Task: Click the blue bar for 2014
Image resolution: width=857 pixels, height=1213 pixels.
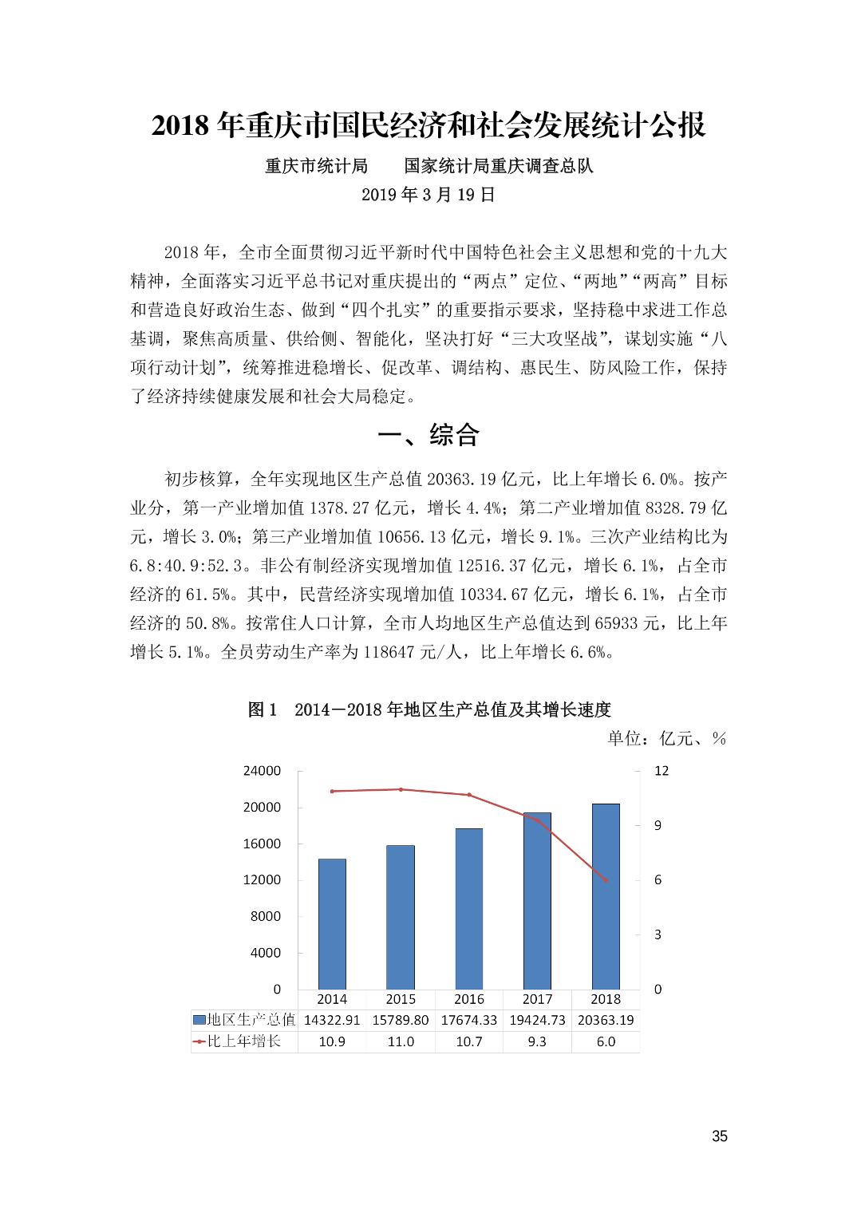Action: [332, 923]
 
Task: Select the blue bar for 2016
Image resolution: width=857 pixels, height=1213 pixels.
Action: [468, 908]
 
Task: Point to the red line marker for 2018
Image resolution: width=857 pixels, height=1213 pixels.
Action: [606, 880]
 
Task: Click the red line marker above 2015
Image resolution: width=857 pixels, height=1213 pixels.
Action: [401, 789]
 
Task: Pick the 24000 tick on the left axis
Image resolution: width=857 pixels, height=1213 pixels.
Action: [262, 771]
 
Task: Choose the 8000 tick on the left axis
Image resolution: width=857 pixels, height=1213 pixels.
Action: [266, 916]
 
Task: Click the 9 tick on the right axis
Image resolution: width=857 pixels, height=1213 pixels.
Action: [658, 825]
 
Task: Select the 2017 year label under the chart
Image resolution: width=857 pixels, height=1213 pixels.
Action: [537, 998]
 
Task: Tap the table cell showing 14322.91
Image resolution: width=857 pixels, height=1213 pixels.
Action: [332, 1020]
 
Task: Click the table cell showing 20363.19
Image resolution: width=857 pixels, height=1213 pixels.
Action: [606, 1020]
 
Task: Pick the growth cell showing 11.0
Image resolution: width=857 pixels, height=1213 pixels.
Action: [401, 1041]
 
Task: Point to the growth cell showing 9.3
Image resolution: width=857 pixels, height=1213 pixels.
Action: [537, 1041]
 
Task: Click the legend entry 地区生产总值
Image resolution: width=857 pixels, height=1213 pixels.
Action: [244, 1020]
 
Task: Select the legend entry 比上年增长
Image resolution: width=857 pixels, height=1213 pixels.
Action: [238, 1041]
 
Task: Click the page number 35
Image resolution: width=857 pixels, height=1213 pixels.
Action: [719, 1136]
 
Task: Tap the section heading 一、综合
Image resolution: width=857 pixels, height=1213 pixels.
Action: [428, 435]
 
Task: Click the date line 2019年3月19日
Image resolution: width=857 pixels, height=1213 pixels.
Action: [428, 195]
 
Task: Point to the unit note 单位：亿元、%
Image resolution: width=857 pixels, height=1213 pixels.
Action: [666, 738]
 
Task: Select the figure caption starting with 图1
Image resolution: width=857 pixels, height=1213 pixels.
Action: [428, 709]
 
